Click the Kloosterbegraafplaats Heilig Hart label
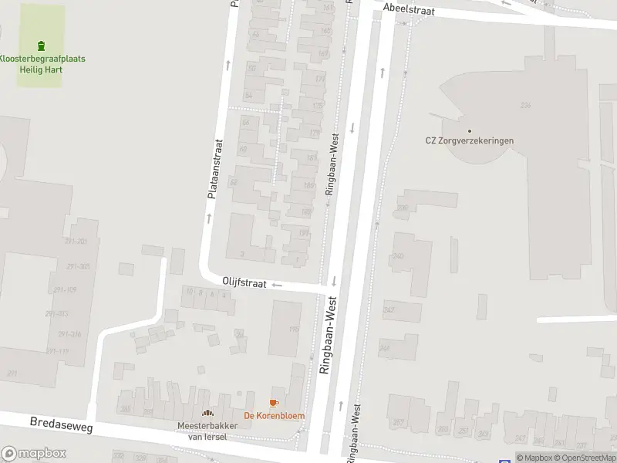tap(42, 64)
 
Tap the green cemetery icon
tap(42, 46)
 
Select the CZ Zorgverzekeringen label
tap(469, 140)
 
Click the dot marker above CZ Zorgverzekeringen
tap(469, 130)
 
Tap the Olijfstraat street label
tap(244, 283)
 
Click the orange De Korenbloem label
tap(274, 416)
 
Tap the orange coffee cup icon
tap(273, 403)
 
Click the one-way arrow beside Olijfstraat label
tap(277, 285)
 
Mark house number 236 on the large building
tap(527, 105)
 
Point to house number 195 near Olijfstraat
tap(293, 330)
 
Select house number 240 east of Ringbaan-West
tap(398, 256)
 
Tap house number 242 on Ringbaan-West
tap(389, 309)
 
